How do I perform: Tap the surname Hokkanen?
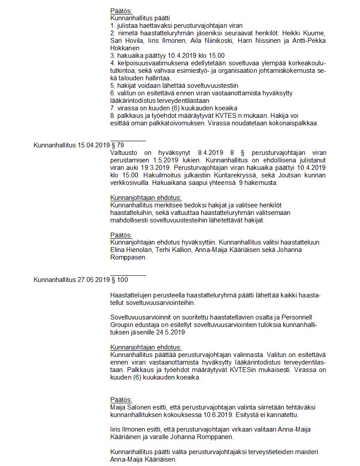(x=125, y=48)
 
